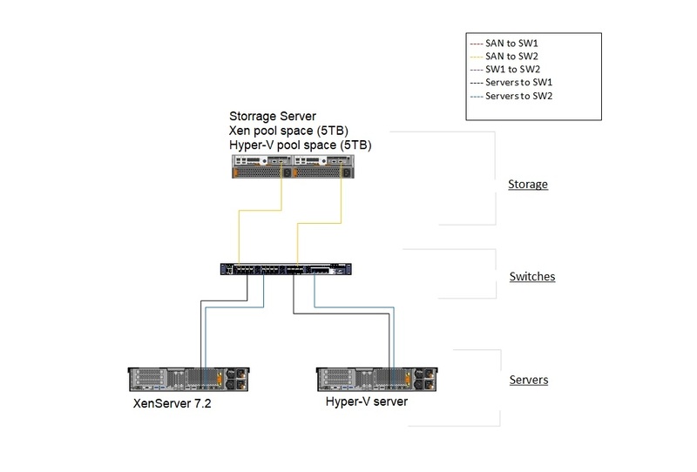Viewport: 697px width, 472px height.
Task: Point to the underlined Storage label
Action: pyautogui.click(x=527, y=185)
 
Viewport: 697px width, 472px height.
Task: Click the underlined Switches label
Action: pyautogui.click(x=531, y=277)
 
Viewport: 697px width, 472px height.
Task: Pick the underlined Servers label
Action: pyautogui.click(x=528, y=380)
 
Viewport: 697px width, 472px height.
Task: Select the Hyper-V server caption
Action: pyautogui.click(x=366, y=402)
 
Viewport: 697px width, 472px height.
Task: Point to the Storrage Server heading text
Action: pyautogui.click(x=273, y=115)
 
